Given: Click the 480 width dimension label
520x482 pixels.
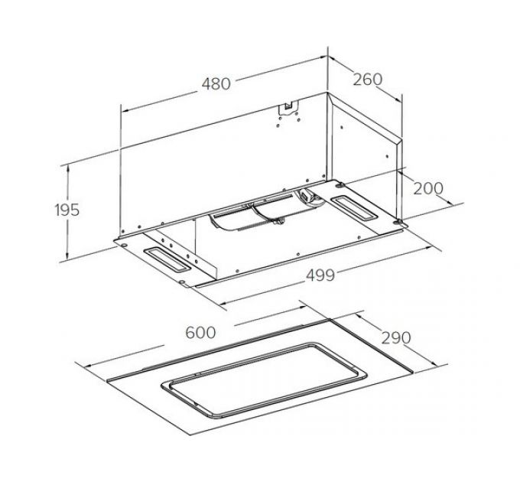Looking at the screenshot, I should point(216,83).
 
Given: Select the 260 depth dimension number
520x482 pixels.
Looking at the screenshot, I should point(368,79).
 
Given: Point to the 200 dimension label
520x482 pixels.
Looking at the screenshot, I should point(427,188).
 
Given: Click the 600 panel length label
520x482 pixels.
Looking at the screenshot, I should point(200,333).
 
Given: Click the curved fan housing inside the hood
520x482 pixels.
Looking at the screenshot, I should point(245,214).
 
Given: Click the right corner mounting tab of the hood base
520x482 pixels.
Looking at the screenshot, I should point(399,223).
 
